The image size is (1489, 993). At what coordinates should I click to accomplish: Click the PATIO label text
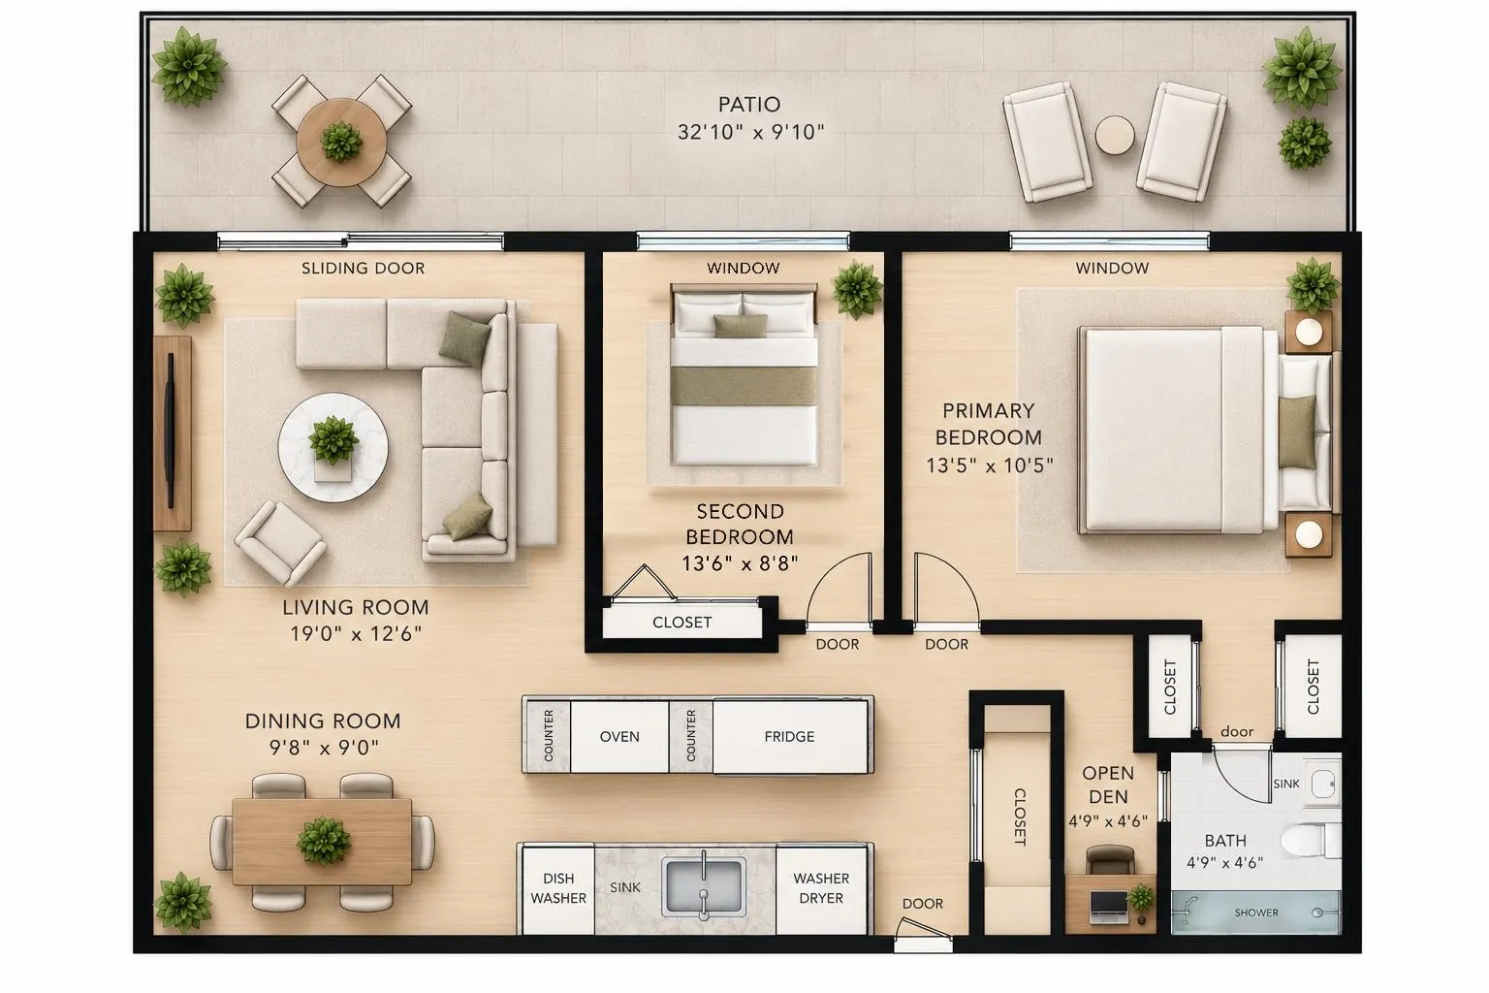pos(749,105)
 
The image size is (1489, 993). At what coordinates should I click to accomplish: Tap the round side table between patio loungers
pos(1115,136)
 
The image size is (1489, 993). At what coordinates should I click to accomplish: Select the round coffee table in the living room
pos(333,447)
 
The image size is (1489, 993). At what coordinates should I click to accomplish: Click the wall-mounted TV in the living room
pos(171,431)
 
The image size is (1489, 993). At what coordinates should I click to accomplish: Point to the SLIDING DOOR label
pos(363,268)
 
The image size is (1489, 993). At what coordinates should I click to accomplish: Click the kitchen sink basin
pos(704,886)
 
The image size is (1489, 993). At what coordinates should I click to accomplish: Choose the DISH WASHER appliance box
pos(558,888)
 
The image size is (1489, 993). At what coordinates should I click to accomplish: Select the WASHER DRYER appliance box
pos(822,888)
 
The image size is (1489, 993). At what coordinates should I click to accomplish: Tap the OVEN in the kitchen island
pos(619,736)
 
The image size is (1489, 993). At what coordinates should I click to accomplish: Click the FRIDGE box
pos(790,736)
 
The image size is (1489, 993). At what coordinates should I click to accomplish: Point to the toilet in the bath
pos(1311,841)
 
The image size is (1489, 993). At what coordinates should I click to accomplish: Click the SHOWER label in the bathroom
pos(1256,913)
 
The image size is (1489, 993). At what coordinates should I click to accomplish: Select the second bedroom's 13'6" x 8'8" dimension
pos(740,564)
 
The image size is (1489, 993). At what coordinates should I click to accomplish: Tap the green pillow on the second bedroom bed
pos(741,326)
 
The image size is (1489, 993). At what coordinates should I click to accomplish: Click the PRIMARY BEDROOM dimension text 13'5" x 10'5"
pos(990,464)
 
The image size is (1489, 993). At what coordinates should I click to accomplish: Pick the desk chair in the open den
pos(1110,859)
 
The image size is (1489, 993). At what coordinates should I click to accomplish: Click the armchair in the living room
pos(280,543)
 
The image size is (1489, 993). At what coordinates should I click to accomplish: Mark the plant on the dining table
pos(324,841)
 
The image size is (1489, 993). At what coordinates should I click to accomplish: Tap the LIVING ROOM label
pos(356,607)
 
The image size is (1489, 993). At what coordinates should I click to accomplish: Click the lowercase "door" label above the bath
pos(1237,731)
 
